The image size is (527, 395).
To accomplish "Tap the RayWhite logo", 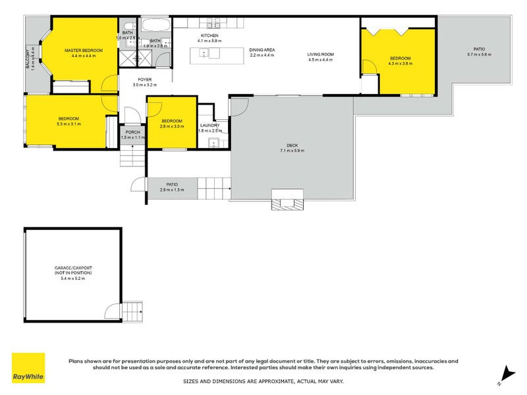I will pyautogui.click(x=28, y=368).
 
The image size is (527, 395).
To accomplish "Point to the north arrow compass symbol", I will pyautogui.click(x=505, y=375).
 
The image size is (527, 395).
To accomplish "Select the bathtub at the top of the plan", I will pyautogui.click(x=157, y=26).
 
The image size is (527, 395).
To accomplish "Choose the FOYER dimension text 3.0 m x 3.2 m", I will pyautogui.click(x=145, y=85).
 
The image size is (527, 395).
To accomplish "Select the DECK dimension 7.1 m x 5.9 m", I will pyautogui.click(x=291, y=151).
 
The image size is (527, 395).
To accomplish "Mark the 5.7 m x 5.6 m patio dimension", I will pyautogui.click(x=479, y=55).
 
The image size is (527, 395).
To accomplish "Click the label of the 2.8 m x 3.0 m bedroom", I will pyautogui.click(x=171, y=121).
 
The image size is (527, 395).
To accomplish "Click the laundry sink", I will pyautogui.click(x=213, y=142).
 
